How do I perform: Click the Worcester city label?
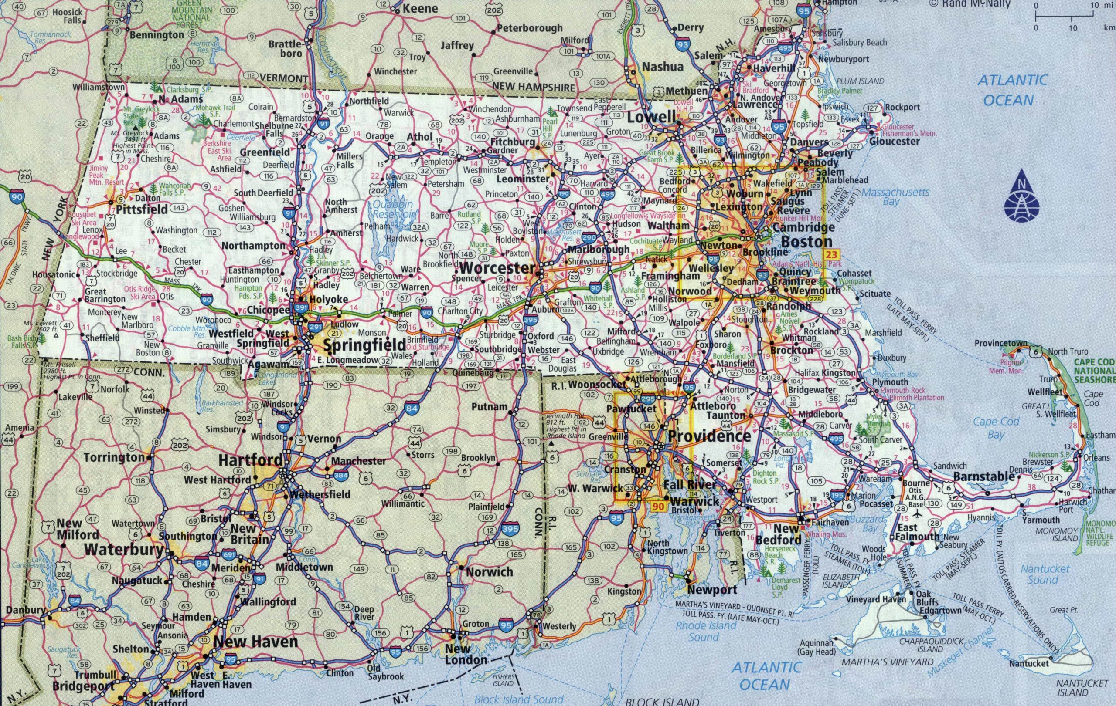point(497,268)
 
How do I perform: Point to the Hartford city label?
point(250,460)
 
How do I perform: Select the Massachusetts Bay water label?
point(895,196)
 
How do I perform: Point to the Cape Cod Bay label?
point(996,428)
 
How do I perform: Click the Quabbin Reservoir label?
point(394,209)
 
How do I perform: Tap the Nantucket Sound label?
point(1045,574)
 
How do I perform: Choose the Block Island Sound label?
point(519,699)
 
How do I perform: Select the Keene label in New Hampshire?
point(420,8)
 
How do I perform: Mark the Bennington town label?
point(157,35)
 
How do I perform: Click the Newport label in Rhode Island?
point(712,590)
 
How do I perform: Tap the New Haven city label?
point(255,642)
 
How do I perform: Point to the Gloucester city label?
point(894,141)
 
